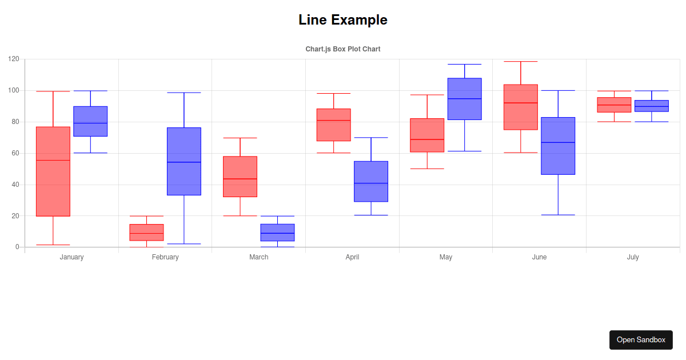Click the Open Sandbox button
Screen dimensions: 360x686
click(x=641, y=339)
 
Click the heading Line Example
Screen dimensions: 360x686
click(x=343, y=20)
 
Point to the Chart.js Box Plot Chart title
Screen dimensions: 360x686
click(x=343, y=49)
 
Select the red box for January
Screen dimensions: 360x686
click(x=53, y=171)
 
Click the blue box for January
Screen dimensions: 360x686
click(x=90, y=121)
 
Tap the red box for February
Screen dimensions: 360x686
click(x=146, y=232)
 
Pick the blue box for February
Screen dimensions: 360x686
click(x=184, y=161)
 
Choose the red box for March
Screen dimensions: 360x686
click(x=240, y=177)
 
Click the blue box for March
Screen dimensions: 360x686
click(x=277, y=232)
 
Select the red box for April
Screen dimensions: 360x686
click(x=334, y=125)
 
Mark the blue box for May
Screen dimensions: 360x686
click(x=465, y=99)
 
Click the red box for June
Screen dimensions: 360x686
click(x=521, y=107)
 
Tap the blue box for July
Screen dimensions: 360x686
click(x=652, y=106)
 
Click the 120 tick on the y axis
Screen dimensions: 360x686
click(x=14, y=59)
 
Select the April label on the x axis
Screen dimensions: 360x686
click(x=352, y=257)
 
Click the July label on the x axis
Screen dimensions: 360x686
click(x=633, y=257)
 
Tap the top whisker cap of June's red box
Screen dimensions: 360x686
click(x=521, y=61)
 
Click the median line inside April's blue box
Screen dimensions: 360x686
click(x=371, y=183)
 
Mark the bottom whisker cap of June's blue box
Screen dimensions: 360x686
click(x=558, y=215)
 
